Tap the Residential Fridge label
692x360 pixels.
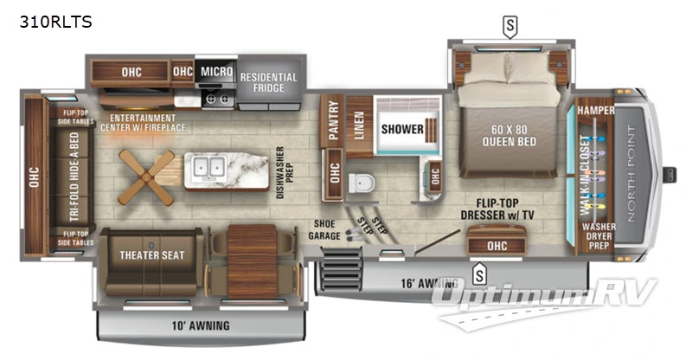tap(269, 83)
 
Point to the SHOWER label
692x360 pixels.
tap(402, 130)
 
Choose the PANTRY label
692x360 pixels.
tap(330, 122)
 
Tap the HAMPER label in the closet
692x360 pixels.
tap(595, 112)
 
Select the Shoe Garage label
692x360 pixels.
tap(325, 229)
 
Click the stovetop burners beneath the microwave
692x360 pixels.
tap(215, 98)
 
